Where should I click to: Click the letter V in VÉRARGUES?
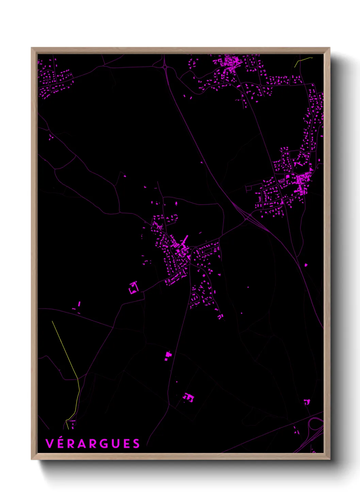(49, 444)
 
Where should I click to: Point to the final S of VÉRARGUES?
(136, 444)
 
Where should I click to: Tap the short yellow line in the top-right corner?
(302, 60)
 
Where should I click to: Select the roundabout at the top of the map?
(165, 67)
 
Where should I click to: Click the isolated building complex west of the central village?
(133, 288)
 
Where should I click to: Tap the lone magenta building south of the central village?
(168, 356)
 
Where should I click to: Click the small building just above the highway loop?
(307, 402)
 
